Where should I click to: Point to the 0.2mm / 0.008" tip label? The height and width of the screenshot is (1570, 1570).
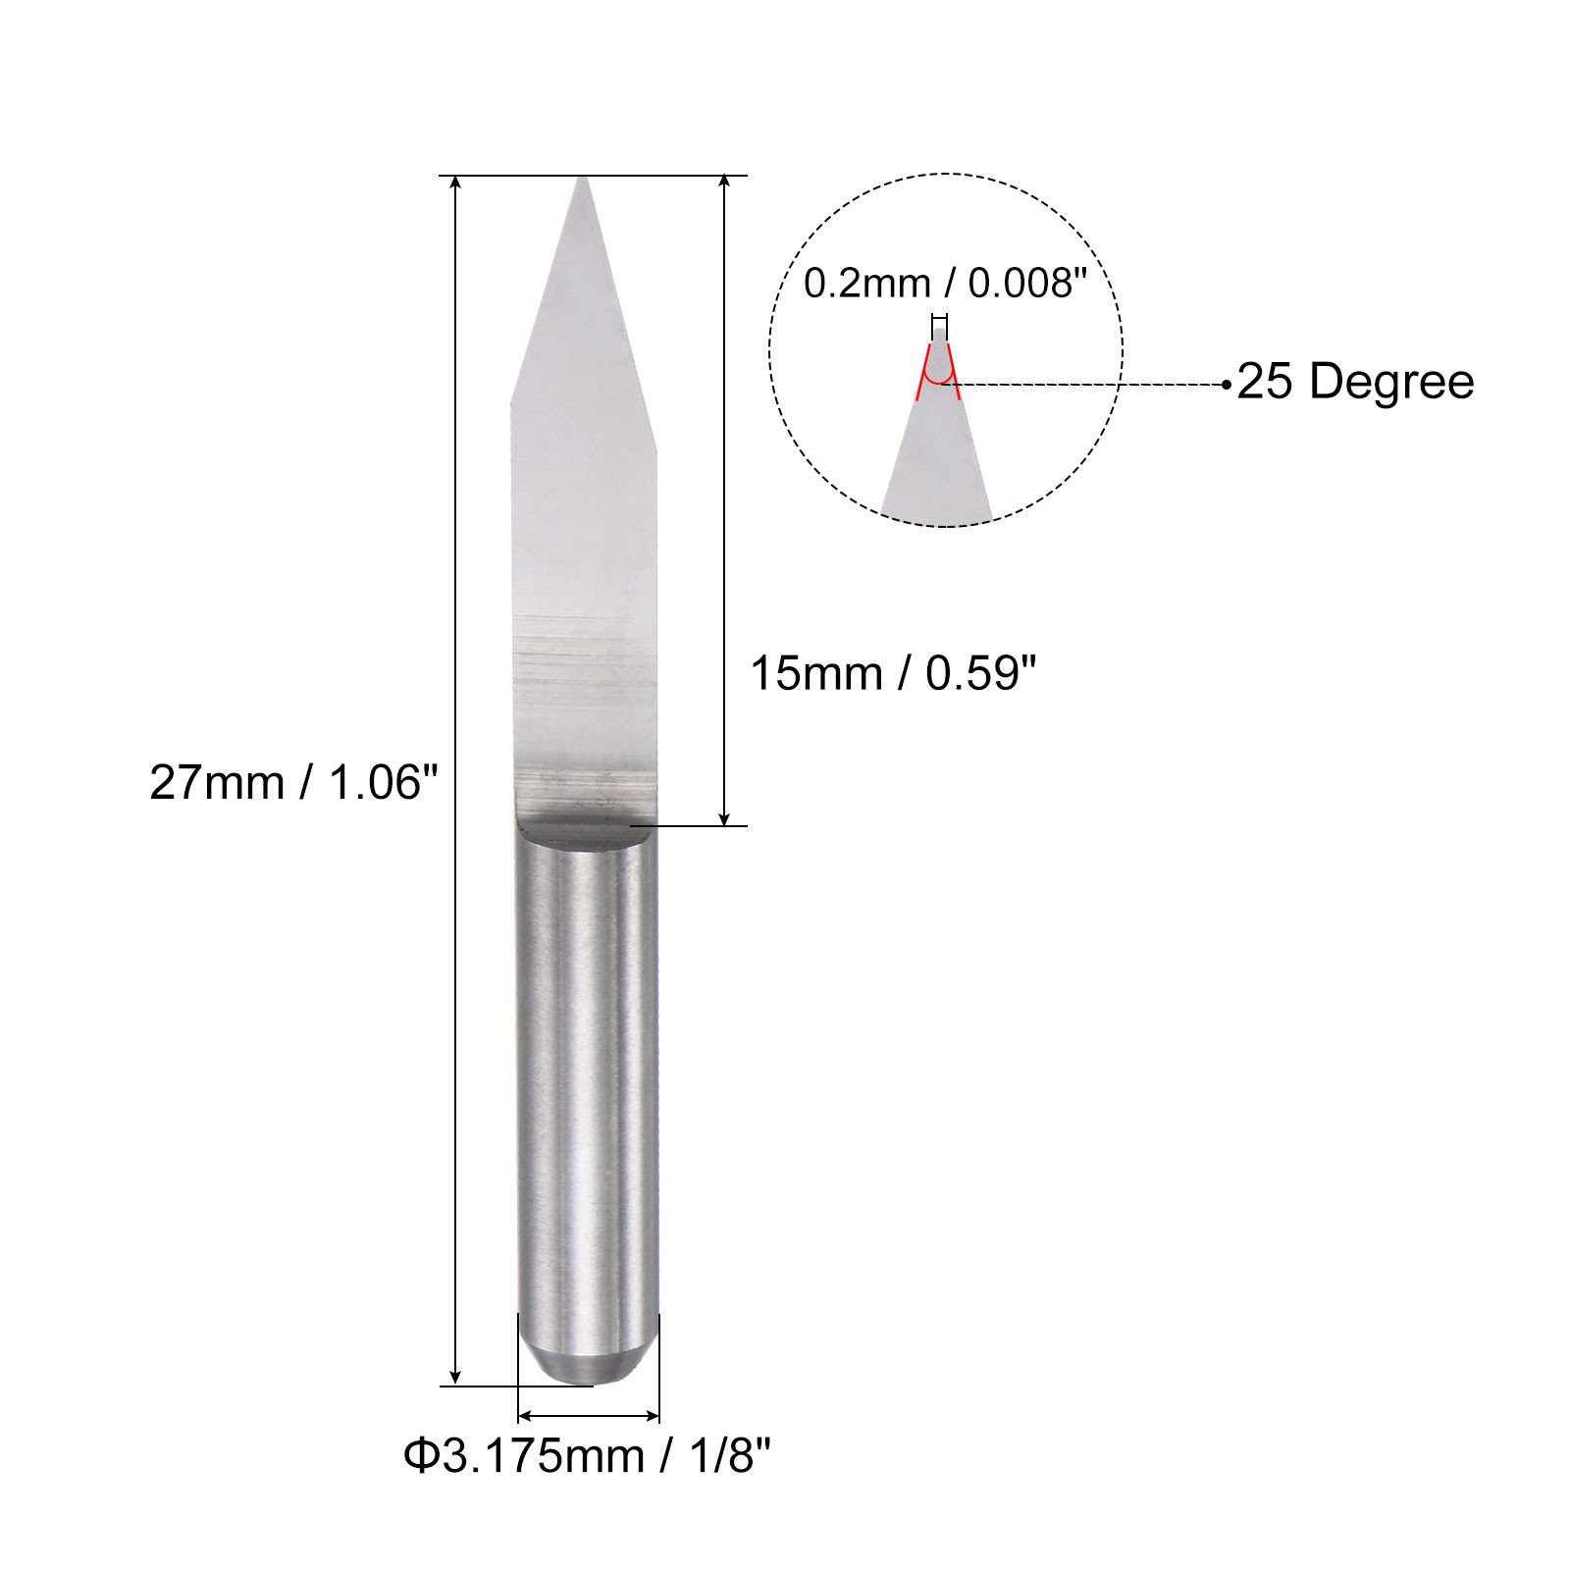946,284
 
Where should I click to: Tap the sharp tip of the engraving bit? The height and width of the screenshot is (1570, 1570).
584,180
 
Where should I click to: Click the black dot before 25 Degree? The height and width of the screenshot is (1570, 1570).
1226,385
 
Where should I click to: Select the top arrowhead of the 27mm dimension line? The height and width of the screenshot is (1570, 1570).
455,184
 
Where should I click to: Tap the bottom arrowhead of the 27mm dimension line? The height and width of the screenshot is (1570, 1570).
455,1376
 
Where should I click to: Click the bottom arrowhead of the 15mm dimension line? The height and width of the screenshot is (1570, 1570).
724,816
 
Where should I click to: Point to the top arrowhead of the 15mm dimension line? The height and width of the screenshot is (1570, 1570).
724,184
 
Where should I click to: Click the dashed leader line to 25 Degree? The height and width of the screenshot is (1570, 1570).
1089,385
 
